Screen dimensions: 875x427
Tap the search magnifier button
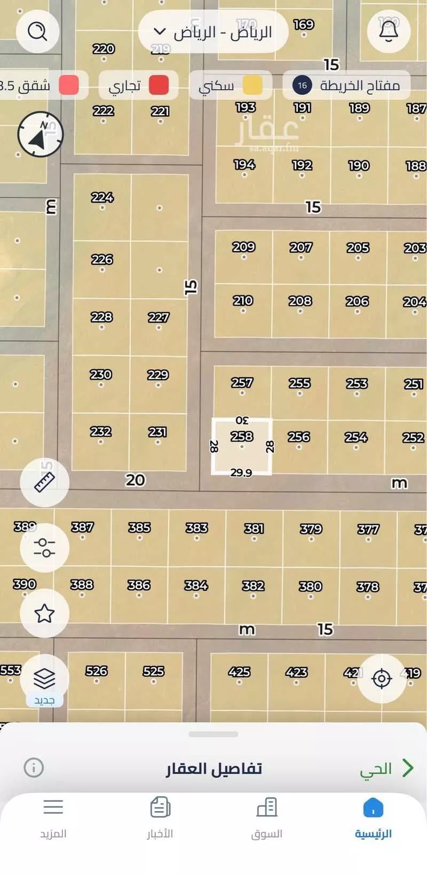tap(37, 31)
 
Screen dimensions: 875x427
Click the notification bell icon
tap(389, 31)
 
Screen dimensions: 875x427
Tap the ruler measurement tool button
tap(44, 482)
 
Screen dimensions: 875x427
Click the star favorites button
tap(44, 613)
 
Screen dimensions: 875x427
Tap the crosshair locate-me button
tap(382, 679)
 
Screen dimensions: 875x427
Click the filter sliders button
tap(44, 548)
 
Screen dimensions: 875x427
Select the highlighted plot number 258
tap(242, 437)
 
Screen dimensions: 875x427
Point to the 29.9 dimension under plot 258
tap(241, 472)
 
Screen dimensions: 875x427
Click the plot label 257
tap(242, 383)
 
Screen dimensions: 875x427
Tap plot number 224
tap(102, 198)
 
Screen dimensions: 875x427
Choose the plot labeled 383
tap(196, 528)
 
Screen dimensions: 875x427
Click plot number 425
tap(239, 672)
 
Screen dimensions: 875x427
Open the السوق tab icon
tap(267, 808)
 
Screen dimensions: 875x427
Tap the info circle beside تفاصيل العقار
tap(34, 768)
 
